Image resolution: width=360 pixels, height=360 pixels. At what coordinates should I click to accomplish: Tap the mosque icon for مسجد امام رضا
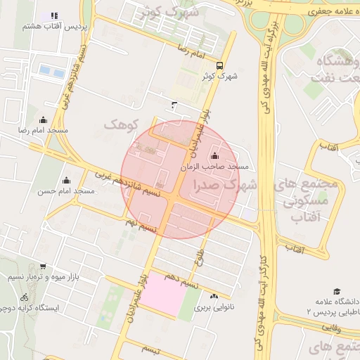(44, 120)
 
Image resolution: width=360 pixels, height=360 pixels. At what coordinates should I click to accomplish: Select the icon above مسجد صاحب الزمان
(214, 156)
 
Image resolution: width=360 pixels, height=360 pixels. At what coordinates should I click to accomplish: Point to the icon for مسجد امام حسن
(67, 181)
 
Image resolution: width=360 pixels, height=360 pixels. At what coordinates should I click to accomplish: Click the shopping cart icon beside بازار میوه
(44, 266)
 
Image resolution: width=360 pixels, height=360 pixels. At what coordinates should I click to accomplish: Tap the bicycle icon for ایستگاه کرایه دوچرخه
(25, 297)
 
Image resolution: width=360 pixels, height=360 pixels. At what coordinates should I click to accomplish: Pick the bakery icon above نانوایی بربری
(214, 296)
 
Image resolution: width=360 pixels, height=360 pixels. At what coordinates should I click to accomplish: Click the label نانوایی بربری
(212, 307)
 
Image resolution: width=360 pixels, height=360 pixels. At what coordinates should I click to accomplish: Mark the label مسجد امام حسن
(67, 191)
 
